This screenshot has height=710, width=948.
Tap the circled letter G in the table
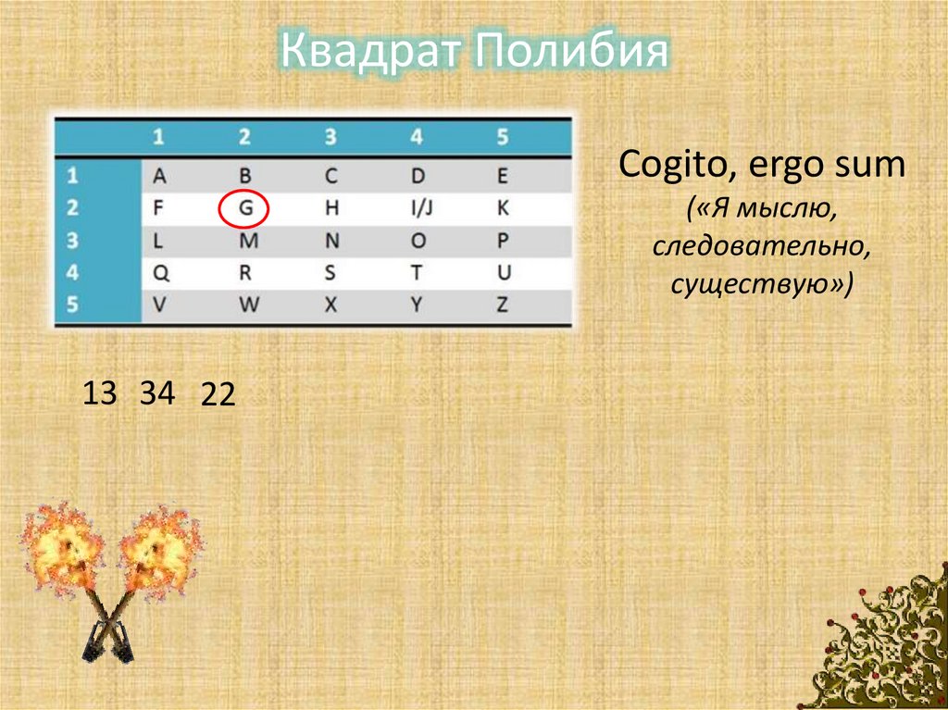(244, 209)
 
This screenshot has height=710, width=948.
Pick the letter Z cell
(503, 305)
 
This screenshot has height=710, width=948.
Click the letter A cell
(158, 176)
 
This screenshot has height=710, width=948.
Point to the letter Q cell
(158, 273)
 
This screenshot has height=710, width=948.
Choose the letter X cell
(331, 305)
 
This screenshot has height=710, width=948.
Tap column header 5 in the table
(503, 138)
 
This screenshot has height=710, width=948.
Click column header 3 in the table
(331, 138)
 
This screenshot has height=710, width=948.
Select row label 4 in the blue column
(73, 273)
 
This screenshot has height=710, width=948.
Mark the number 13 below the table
(100, 393)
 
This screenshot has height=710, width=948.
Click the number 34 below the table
(157, 393)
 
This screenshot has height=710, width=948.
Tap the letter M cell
(244, 241)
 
